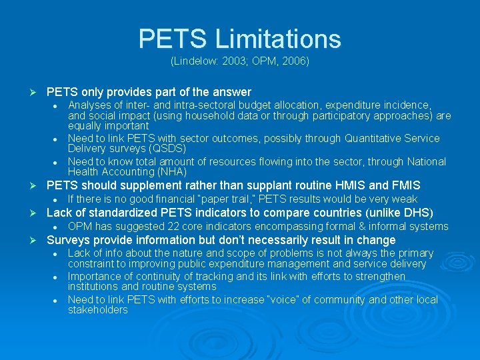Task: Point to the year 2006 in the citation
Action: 293,61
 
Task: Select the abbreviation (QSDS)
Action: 166,149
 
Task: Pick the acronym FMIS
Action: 403,185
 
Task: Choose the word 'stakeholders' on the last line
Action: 97,310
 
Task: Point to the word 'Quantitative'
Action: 376,139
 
